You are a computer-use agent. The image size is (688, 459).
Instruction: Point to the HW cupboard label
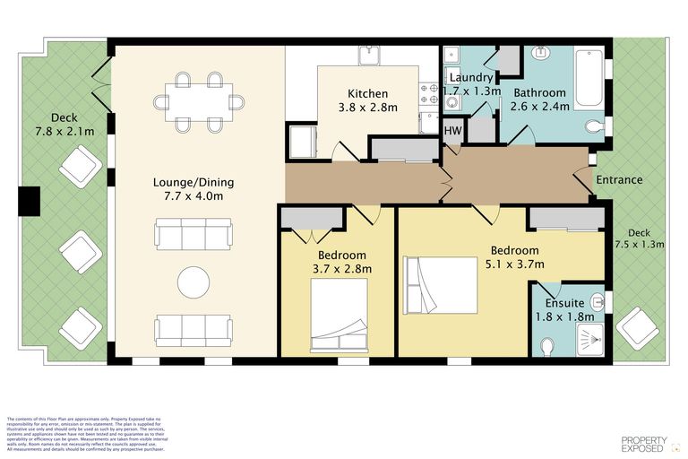[454, 131]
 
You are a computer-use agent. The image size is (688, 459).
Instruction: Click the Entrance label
[619, 179]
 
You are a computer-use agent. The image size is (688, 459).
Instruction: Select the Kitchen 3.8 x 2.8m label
[368, 100]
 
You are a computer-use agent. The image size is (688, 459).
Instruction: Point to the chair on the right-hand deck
[639, 327]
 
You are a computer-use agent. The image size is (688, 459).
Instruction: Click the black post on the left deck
[30, 202]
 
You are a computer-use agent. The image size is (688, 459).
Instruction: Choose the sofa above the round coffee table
[193, 236]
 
